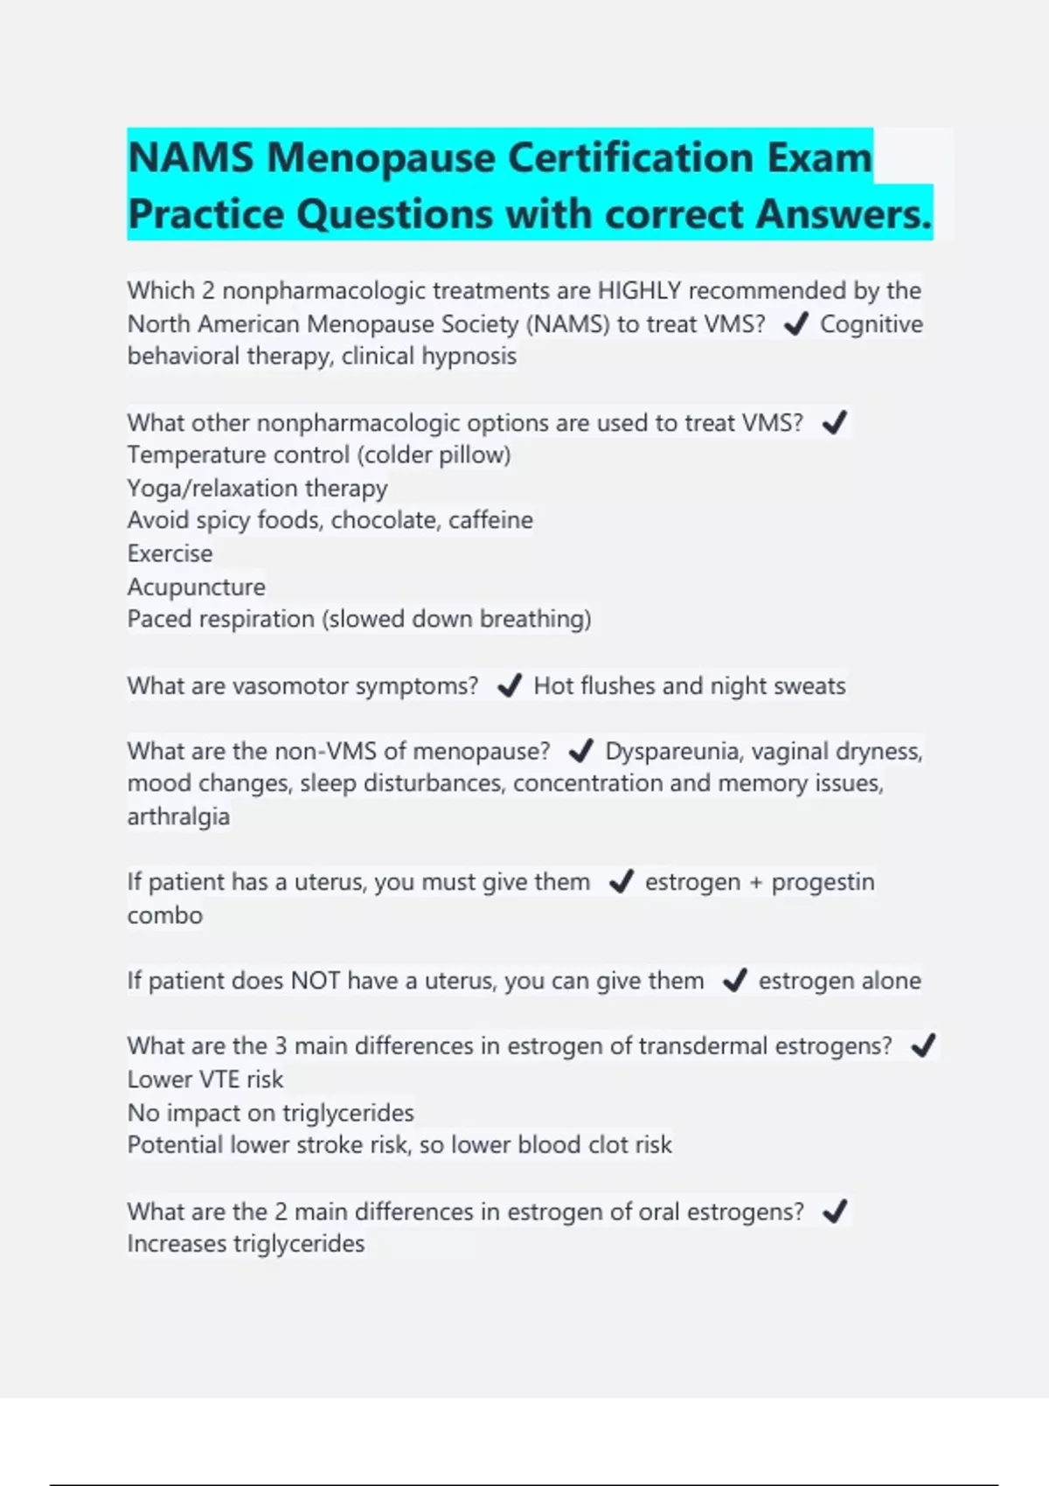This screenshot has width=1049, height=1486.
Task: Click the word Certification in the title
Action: pos(629,158)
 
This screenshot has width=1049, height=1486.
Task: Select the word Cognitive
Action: pos(871,324)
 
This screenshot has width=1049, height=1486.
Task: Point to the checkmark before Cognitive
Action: pos(795,325)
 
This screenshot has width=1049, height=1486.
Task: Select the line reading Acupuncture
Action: pos(196,587)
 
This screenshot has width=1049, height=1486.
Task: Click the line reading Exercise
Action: pos(170,553)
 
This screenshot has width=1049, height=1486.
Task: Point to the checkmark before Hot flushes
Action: pos(509,686)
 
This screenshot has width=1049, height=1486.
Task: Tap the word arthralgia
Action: pos(178,816)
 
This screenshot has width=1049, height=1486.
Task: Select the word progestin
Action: pos(823,882)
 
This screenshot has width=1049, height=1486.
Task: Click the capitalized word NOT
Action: pos(316,981)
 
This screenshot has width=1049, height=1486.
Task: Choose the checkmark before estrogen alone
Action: pos(734,981)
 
